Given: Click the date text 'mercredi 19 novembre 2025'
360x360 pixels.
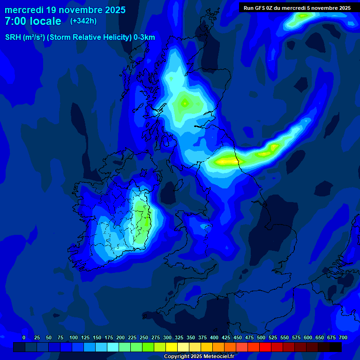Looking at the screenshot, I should (65, 10).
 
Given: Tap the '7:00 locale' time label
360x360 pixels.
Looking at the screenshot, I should (33, 21).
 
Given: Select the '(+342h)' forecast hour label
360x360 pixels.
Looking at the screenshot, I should (83, 21).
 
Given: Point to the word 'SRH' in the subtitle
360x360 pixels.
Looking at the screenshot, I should (13, 37).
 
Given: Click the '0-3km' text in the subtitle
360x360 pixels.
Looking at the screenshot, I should (144, 37).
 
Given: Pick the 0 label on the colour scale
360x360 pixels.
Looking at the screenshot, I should (24, 337).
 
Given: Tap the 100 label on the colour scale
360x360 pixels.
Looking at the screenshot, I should (74, 337).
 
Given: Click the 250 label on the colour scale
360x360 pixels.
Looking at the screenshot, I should (144, 337).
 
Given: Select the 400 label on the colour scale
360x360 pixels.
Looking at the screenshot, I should (214, 337).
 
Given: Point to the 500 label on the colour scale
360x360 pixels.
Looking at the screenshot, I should (261, 337).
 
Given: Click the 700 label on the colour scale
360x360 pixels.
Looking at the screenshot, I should (343, 337).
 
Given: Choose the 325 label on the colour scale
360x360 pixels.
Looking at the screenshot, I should (179, 337).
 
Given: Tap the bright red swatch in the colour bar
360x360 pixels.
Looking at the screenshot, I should (265, 347).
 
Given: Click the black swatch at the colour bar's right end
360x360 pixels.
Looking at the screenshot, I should (336, 347).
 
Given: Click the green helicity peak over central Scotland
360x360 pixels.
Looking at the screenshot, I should (185, 103).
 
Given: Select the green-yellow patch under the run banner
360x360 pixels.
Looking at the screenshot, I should (303, 16).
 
